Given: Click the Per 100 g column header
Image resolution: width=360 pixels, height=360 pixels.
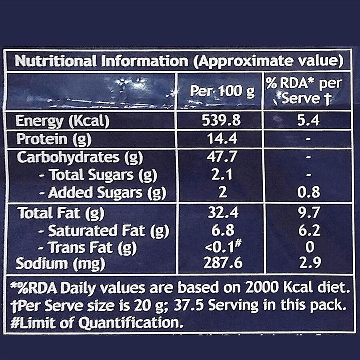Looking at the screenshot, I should click(222, 92).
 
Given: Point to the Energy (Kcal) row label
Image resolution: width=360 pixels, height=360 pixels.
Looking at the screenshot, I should click(62, 121).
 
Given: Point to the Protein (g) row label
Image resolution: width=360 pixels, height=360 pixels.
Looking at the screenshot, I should click(54, 139).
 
